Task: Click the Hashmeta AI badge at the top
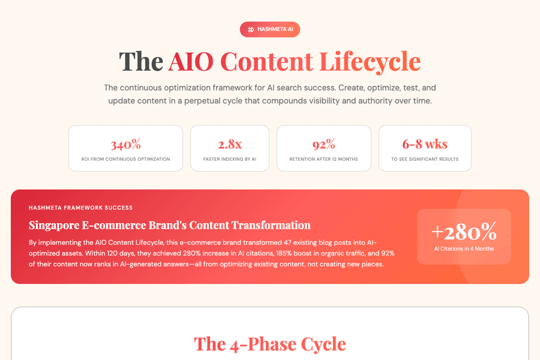270,29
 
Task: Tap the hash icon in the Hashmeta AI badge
251,29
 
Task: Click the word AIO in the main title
191,61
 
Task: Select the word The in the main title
140,61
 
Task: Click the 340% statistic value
125,144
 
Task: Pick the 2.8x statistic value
230,144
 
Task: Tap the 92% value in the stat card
323,144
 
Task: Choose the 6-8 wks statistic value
425,144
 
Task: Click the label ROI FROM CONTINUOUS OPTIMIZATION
125,159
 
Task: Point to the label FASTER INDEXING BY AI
230,159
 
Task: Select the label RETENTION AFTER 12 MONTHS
323,159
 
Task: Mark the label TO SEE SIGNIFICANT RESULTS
425,159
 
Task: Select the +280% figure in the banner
464,231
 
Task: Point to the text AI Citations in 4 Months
464,248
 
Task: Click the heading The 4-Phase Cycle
270,344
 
